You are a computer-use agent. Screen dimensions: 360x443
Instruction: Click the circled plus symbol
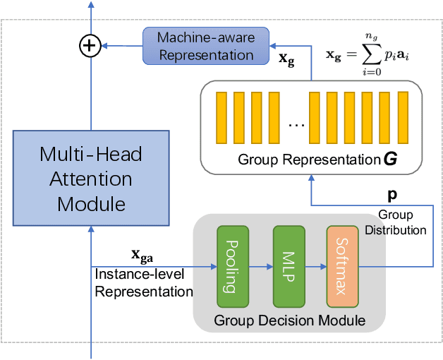pyautogui.click(x=89, y=47)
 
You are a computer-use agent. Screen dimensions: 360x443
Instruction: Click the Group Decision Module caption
pyautogui.click(x=290, y=321)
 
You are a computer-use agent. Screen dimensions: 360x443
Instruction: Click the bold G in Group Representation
pyautogui.click(x=389, y=159)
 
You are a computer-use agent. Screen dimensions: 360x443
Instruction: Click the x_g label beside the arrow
pyautogui.click(x=288, y=61)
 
